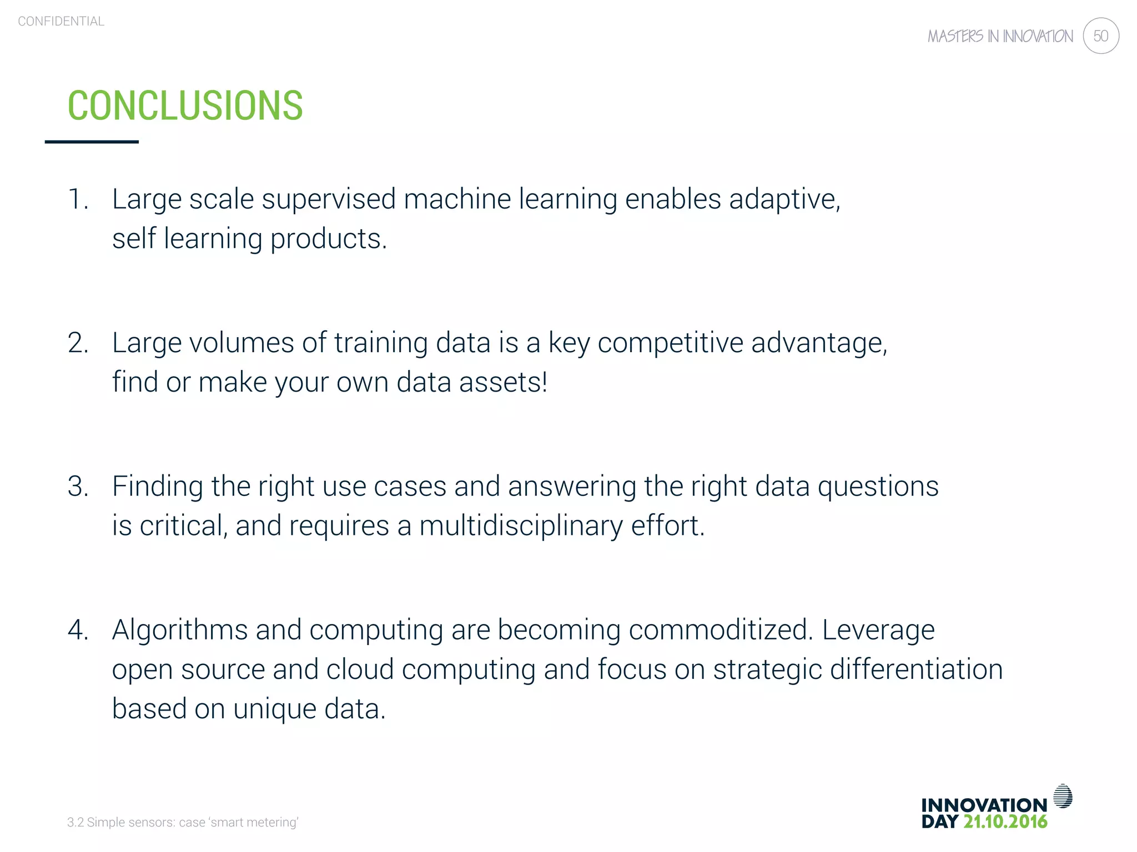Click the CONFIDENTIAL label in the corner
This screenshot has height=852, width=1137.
point(61,22)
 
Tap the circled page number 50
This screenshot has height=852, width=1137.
point(1100,36)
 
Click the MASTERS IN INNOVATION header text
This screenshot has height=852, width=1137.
point(1000,37)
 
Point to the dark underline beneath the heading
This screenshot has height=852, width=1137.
point(92,142)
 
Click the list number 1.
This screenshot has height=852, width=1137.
point(77,199)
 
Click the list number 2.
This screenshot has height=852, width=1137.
point(78,343)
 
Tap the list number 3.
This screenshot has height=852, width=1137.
point(78,486)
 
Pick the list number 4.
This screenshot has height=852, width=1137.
point(78,630)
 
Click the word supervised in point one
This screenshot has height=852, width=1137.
point(329,200)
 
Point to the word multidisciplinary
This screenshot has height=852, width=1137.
point(521,526)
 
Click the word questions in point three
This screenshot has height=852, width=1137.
point(878,486)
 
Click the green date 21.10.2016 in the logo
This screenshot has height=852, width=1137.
point(1005,822)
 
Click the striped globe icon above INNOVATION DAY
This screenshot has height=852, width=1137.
point(1063,796)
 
